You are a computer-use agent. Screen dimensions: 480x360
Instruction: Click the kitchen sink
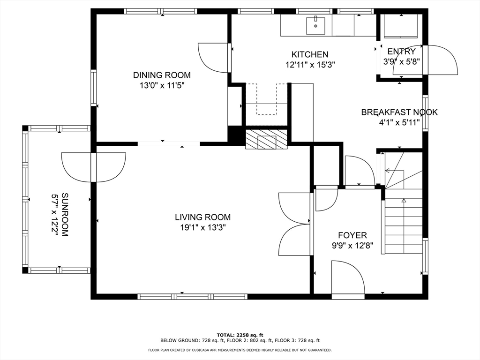click(x=315, y=26)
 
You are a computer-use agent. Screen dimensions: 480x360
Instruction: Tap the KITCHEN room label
click(x=310, y=54)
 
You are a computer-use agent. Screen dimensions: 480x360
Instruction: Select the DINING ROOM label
click(x=162, y=75)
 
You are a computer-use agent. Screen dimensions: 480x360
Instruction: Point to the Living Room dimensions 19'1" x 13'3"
click(x=202, y=227)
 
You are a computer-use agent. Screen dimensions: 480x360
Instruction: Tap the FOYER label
click(x=352, y=235)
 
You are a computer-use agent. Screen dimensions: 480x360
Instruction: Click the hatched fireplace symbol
click(x=266, y=139)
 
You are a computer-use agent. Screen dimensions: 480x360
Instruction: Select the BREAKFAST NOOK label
click(x=399, y=112)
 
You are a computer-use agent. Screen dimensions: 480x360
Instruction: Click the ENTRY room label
click(x=401, y=52)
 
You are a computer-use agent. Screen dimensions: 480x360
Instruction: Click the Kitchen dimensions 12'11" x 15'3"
click(x=310, y=65)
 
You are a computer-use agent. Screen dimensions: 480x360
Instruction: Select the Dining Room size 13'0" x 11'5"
click(x=162, y=85)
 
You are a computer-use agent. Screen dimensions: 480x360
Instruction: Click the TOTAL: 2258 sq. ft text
click(x=240, y=335)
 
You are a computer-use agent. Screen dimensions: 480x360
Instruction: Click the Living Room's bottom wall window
click(x=192, y=296)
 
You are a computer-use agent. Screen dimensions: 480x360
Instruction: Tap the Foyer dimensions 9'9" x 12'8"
click(x=352, y=246)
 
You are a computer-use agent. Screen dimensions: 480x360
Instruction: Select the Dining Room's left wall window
click(x=93, y=88)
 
